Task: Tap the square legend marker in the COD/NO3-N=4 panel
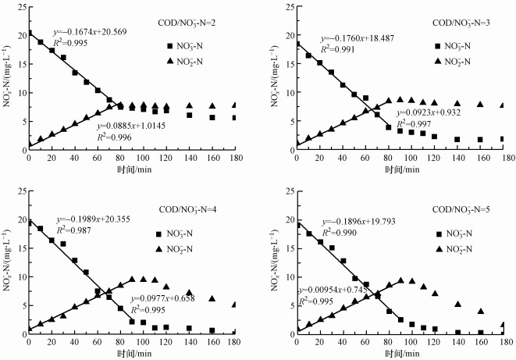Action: pos(160,233)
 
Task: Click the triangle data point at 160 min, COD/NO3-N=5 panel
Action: pos(481,312)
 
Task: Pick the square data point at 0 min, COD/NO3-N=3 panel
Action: pos(297,45)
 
